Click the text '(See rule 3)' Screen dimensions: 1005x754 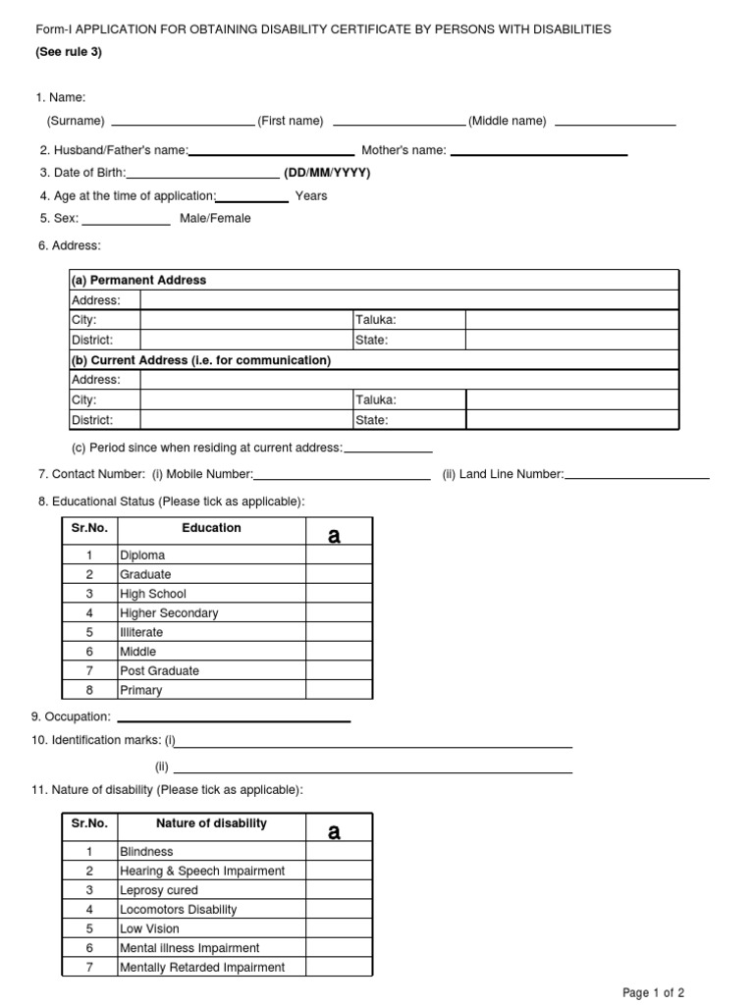pyautogui.click(x=69, y=52)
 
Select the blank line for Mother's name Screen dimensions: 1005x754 pyautogui.click(x=538, y=153)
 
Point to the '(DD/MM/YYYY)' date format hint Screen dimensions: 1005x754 pyautogui.click(x=328, y=173)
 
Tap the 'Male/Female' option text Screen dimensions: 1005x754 pyautogui.click(x=215, y=218)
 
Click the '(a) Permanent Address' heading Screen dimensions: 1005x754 pyautogui.click(x=138, y=281)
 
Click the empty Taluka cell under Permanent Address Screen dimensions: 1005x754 pyautogui.click(x=570, y=320)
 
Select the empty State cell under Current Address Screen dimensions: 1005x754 pyautogui.click(x=570, y=420)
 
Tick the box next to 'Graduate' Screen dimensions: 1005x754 pyautogui.click(x=339, y=574)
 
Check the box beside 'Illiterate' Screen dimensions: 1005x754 pyautogui.click(x=339, y=632)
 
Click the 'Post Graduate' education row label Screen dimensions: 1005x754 pyautogui.click(x=159, y=671)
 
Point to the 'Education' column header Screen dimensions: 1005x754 pyautogui.click(x=211, y=528)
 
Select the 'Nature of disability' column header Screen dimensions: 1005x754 pyautogui.click(x=211, y=823)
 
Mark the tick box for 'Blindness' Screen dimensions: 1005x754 pyautogui.click(x=339, y=852)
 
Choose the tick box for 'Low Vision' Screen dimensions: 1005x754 pyautogui.click(x=339, y=928)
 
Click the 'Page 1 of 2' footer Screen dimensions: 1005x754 pyautogui.click(x=654, y=993)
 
